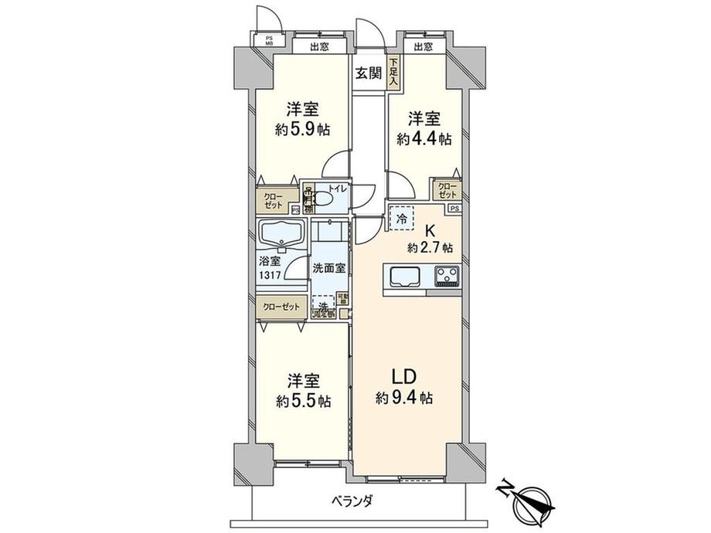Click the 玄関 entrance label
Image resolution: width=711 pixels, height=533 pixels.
[368, 74]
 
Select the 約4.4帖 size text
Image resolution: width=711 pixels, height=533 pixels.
[425, 139]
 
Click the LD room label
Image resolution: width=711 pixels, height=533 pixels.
[405, 377]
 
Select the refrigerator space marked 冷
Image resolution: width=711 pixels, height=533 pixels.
[402, 219]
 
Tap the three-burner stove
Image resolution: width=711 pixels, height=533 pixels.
[446, 276]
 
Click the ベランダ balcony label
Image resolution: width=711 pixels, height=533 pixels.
[354, 501]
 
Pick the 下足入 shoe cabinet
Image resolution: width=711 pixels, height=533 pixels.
[393, 71]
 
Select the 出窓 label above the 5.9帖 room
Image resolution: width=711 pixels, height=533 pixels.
[317, 47]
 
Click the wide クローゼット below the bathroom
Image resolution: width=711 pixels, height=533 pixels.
[282, 307]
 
